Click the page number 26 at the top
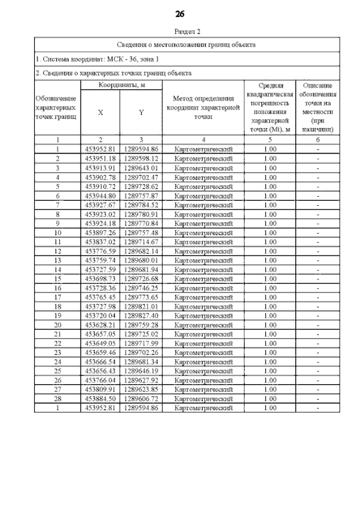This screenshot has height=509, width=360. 180,13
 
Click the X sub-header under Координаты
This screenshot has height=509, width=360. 101,112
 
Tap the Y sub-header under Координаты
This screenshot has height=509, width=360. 141,112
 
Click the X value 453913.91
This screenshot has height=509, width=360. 101,168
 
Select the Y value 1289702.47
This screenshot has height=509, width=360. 141,177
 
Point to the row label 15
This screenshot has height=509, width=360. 57,279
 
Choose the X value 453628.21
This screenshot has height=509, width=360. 101,325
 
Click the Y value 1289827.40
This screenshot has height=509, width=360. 141,316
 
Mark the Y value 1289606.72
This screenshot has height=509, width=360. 141,399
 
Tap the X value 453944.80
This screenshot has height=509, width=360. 101,196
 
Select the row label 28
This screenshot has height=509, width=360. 57,399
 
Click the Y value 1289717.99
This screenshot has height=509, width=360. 141,344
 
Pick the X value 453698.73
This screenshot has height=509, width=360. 101,279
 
